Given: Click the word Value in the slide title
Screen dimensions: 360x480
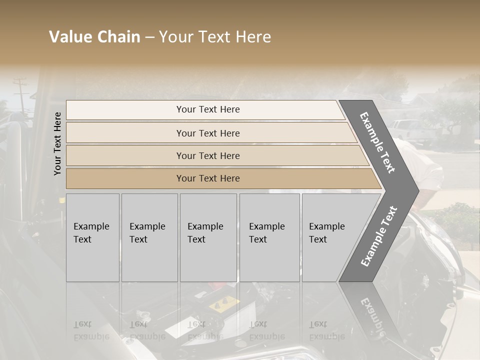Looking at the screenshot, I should point(69,37).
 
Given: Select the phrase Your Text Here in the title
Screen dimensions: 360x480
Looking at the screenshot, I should point(215,37).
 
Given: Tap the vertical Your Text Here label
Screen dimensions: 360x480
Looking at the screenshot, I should point(57,143).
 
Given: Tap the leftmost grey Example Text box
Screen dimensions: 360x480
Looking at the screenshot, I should point(92,237).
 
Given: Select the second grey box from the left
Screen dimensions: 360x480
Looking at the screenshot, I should point(149,237).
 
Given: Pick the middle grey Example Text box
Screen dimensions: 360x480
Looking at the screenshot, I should point(208,237).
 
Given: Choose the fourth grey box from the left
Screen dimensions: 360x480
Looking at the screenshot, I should point(269,237).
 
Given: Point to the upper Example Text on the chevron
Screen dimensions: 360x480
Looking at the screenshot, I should point(377,142).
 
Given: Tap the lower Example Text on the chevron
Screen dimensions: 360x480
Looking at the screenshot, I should point(379,236).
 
